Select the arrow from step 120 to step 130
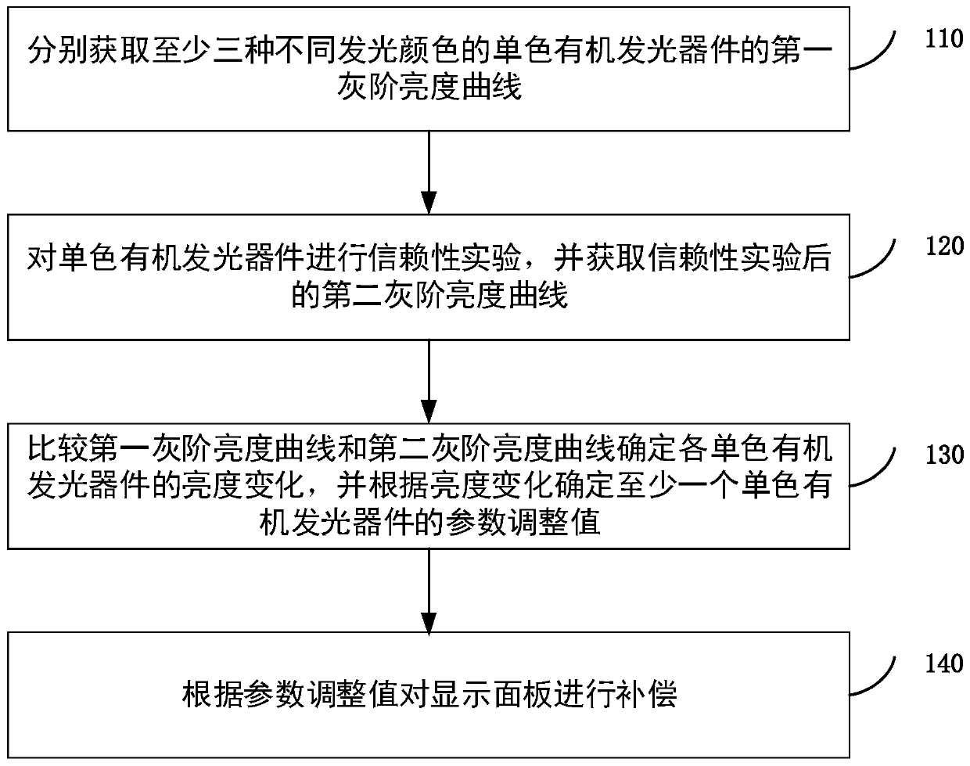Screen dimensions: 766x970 429,379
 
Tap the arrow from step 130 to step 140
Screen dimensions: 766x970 429,588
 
